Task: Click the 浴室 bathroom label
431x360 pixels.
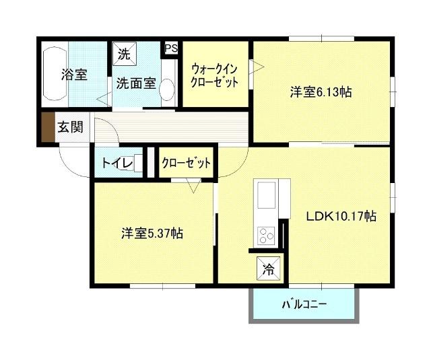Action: (74, 75)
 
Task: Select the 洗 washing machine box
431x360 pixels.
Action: (125, 52)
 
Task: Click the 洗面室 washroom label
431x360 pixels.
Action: (136, 83)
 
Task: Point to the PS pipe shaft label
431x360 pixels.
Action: (171, 48)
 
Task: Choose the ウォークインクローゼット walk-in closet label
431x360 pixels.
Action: (215, 75)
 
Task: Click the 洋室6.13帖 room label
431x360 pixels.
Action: (321, 93)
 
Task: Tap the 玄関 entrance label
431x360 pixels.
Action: (70, 127)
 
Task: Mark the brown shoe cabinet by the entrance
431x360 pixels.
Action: (46, 128)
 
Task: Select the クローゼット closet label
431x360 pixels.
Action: (186, 164)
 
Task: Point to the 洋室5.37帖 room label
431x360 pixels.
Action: (152, 233)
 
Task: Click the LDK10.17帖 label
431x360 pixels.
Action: (341, 217)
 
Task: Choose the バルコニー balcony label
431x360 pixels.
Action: (303, 305)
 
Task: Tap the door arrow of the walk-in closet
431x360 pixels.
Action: (257, 65)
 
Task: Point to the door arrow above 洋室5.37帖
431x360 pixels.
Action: (194, 186)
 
